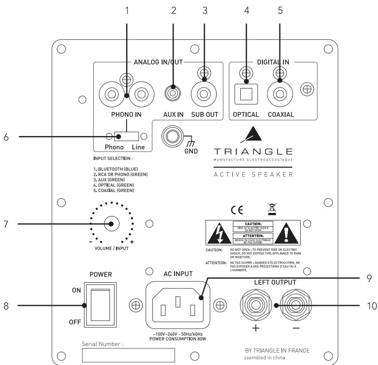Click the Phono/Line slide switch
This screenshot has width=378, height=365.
[x=126, y=136]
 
